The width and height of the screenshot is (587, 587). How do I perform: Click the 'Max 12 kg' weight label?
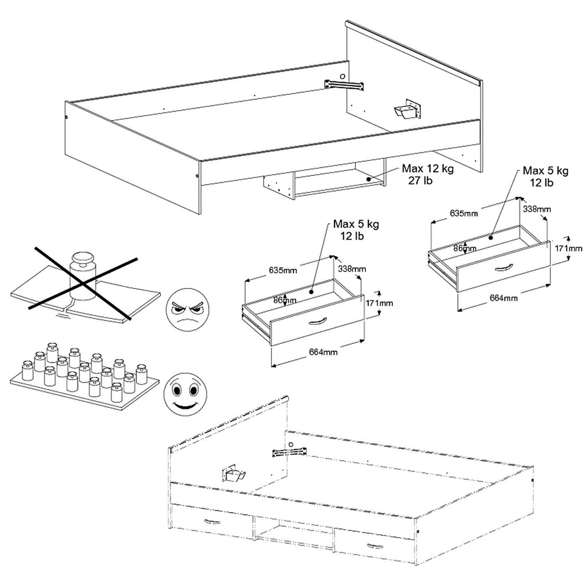pyautogui.click(x=428, y=168)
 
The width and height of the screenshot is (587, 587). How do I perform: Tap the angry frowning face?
pyautogui.click(x=187, y=310)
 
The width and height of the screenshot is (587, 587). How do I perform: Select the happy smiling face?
pyautogui.click(x=185, y=394)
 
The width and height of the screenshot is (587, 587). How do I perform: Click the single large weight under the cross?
pyautogui.click(x=83, y=275)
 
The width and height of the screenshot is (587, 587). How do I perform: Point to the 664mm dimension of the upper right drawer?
pyautogui.click(x=503, y=297)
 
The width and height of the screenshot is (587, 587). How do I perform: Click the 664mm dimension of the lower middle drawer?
pyautogui.click(x=323, y=352)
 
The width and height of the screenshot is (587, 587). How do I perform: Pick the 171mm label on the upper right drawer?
pyautogui.click(x=568, y=248)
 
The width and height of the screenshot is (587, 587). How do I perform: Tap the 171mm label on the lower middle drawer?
pyautogui.click(x=379, y=303)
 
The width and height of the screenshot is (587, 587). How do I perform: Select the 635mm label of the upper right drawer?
pyautogui.click(x=464, y=213)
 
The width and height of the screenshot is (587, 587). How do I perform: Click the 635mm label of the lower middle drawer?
pyautogui.click(x=283, y=270)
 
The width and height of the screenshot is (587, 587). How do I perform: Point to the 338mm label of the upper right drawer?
pyautogui.click(x=537, y=209)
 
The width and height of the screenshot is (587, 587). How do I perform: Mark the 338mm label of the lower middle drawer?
pyautogui.click(x=352, y=269)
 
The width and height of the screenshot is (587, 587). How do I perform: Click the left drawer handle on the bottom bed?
pyautogui.click(x=212, y=521)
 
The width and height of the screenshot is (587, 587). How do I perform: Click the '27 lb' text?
pyautogui.click(x=420, y=181)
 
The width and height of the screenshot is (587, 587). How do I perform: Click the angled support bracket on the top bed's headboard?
pyautogui.click(x=407, y=110)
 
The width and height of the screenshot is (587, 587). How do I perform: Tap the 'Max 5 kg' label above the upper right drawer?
pyautogui.click(x=545, y=171)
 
